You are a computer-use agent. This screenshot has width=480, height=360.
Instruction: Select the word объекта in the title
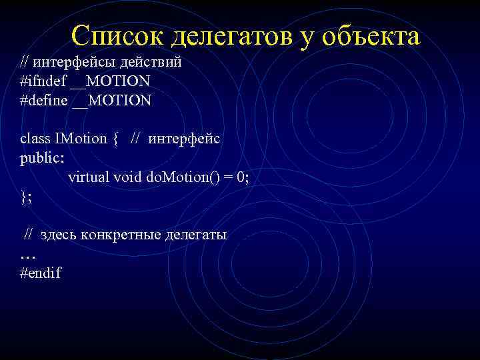[371, 36]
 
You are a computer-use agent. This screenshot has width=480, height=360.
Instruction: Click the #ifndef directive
[42, 81]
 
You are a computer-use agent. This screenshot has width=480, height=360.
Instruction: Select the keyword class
[35, 139]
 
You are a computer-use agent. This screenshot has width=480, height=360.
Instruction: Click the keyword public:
[43, 158]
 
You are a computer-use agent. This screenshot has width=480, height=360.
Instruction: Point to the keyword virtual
[89, 177]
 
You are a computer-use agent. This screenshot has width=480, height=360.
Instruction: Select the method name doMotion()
[179, 177]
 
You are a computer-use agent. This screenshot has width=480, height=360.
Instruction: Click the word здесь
[59, 235]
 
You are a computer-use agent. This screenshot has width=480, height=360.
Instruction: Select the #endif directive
[41, 273]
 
